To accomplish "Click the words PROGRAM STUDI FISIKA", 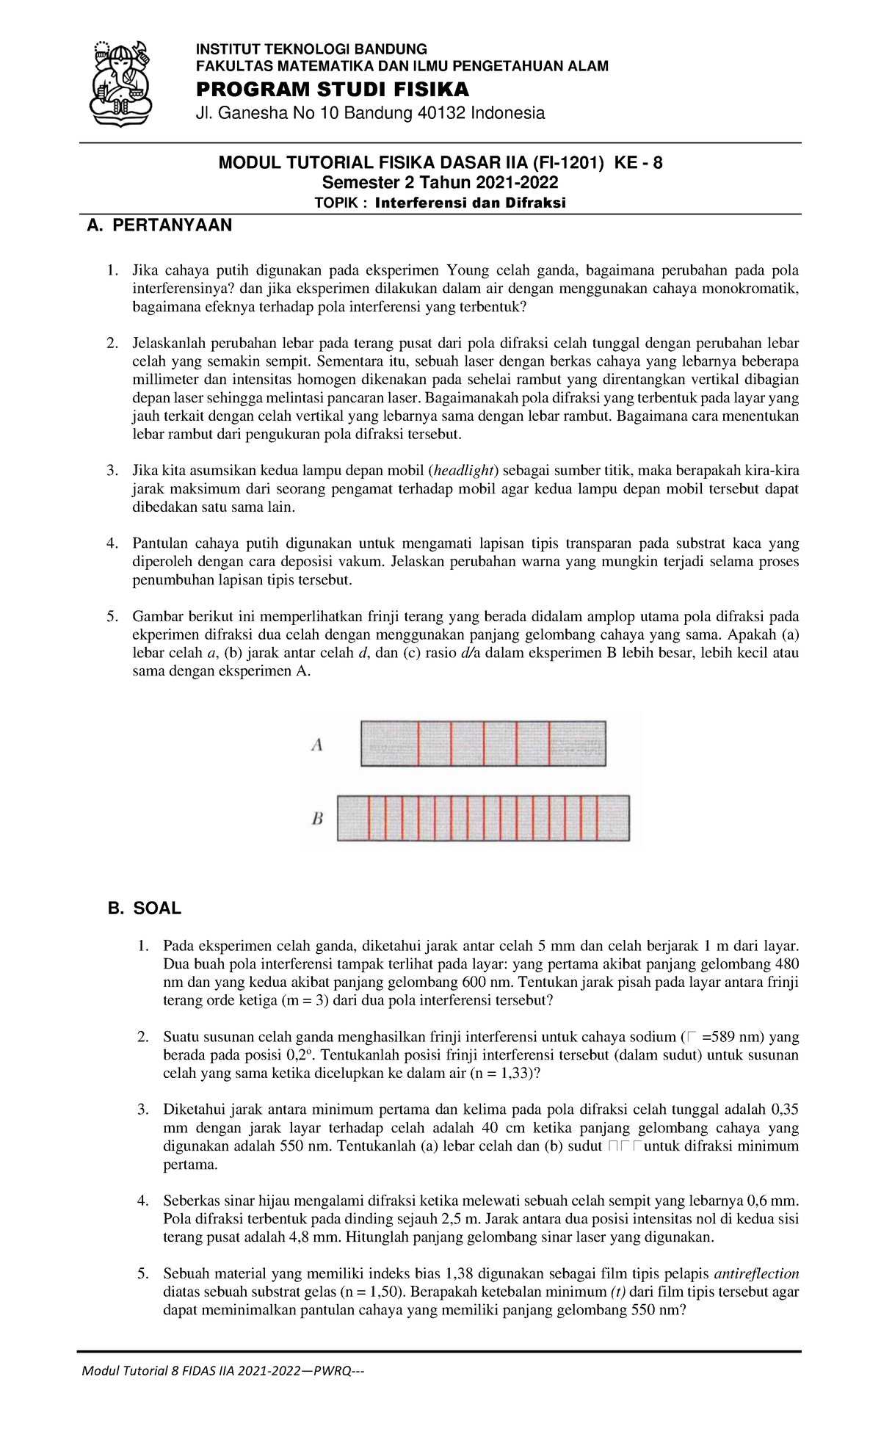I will click(331, 90).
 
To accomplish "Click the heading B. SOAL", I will click(144, 908).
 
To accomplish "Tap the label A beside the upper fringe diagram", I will click(318, 745).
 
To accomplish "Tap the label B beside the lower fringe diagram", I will click(318, 818).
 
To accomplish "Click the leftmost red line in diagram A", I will click(418, 744).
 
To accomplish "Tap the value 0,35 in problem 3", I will click(785, 1110).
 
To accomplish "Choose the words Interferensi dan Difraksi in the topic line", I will click(470, 203).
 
